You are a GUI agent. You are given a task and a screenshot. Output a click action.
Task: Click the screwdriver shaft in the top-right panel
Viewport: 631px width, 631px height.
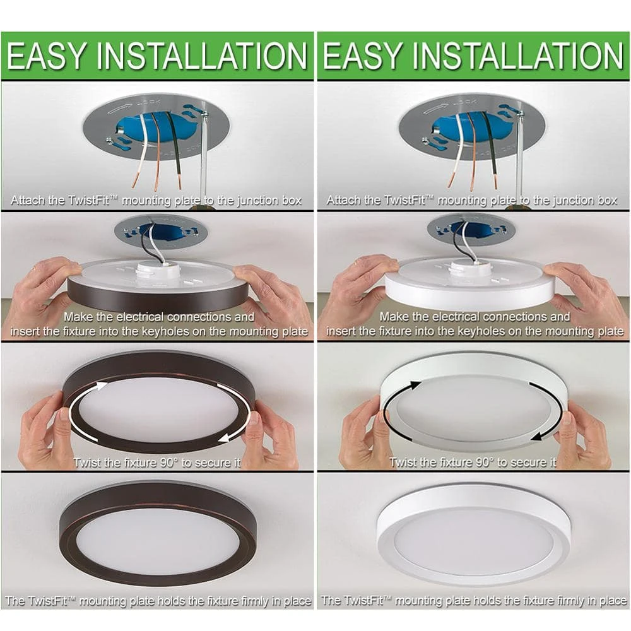point(519,151)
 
